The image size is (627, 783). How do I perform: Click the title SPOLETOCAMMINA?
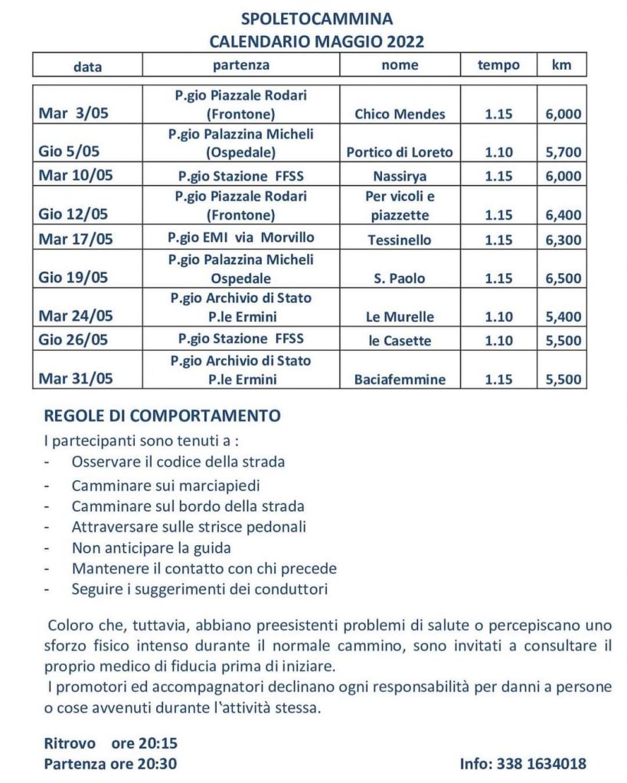pos(317,19)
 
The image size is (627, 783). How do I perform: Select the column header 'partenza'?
pos(241,65)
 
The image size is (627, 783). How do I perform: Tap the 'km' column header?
pos(561,65)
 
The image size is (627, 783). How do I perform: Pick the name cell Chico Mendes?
pos(400,115)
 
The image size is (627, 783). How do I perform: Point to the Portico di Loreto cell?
pos(400,152)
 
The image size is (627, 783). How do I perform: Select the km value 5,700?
pos(561,152)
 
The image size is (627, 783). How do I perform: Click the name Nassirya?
pos(400,176)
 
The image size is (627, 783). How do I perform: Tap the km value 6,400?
pos(561,215)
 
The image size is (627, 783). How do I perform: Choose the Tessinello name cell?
pos(400,239)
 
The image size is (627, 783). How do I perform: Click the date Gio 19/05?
pos(74,278)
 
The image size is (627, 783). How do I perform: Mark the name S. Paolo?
pos(400,278)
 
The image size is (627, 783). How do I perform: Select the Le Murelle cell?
pos(400,317)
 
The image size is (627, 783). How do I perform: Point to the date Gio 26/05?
pos(74,340)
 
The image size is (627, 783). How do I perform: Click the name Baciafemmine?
pos(400,379)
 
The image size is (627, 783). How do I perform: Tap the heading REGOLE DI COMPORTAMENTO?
pos(162,416)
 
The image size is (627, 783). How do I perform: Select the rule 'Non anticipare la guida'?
pos(151,547)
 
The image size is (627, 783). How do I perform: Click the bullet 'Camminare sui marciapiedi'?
pos(166,485)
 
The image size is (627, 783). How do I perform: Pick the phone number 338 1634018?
pos(542,763)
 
